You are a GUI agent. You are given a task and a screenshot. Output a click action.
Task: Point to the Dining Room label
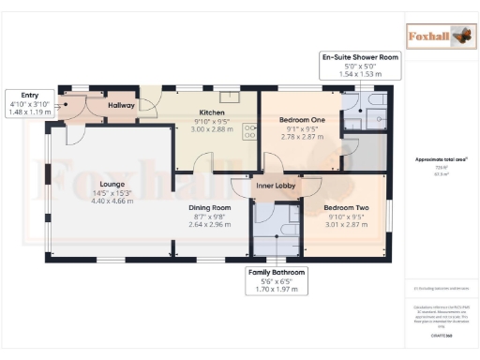(210, 207)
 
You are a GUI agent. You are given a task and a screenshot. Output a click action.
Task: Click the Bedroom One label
(302, 120)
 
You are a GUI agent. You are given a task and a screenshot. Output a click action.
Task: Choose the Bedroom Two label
(346, 207)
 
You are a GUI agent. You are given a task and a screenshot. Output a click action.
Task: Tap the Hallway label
(122, 106)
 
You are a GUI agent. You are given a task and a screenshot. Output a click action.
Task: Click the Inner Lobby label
(277, 187)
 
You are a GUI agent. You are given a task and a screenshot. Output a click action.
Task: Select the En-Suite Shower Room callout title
(360, 57)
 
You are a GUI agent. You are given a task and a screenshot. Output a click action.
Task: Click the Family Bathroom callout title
(277, 272)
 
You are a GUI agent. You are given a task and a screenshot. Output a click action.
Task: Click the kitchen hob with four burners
(249, 132)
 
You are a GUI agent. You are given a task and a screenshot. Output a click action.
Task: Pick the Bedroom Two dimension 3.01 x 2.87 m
(346, 224)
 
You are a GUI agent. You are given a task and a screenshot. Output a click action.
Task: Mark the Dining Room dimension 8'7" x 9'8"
(210, 216)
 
